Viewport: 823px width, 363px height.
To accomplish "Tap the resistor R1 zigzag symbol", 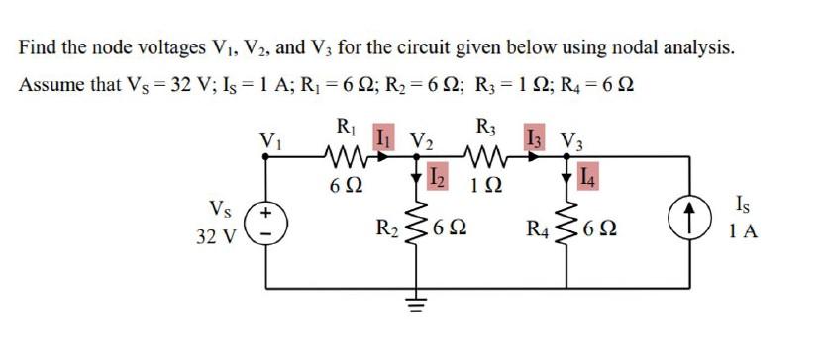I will (347, 156).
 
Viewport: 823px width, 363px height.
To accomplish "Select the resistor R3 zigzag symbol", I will (486, 156).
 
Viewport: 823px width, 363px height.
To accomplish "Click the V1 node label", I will (268, 138).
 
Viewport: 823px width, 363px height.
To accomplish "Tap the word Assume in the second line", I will (49, 84).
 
